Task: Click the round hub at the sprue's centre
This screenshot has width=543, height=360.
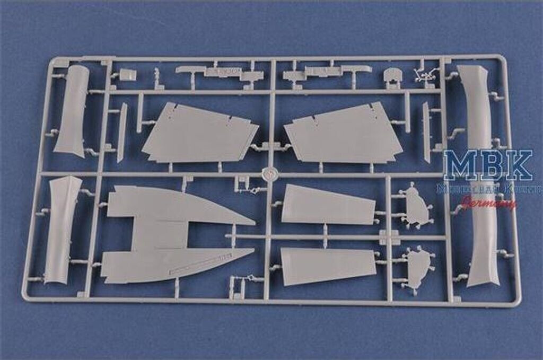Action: (x=270, y=173)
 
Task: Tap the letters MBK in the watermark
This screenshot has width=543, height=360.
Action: (x=487, y=165)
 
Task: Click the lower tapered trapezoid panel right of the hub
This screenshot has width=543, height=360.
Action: (x=326, y=265)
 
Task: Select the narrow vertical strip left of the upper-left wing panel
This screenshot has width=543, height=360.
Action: (x=122, y=133)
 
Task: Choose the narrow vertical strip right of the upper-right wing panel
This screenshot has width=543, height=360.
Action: (x=427, y=132)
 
